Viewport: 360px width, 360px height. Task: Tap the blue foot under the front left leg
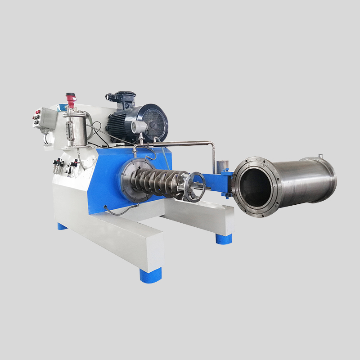coord(150,275)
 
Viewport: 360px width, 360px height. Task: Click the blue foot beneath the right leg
coord(224,238)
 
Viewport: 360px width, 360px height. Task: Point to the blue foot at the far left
coord(62,226)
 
